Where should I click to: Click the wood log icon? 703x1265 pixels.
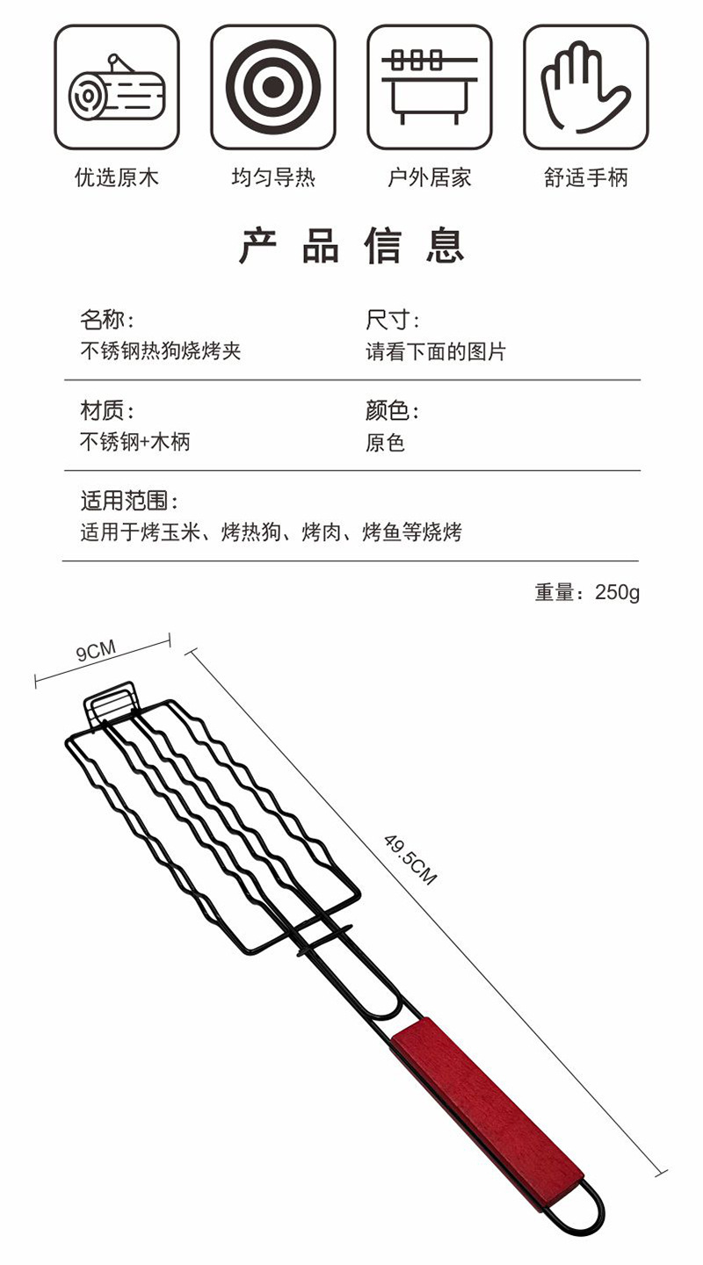tap(117, 87)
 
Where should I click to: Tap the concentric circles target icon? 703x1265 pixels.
tap(272, 87)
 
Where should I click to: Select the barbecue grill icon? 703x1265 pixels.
tap(429, 87)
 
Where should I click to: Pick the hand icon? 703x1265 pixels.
tap(585, 87)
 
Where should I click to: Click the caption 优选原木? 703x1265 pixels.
tap(117, 178)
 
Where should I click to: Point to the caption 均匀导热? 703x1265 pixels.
tap(272, 178)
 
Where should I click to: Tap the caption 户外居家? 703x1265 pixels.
tap(429, 178)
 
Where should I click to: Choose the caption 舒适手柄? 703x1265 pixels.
tap(585, 178)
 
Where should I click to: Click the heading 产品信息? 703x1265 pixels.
tap(351, 246)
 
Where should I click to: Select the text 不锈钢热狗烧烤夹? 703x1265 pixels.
tap(160, 351)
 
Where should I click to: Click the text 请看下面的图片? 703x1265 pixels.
tap(436, 351)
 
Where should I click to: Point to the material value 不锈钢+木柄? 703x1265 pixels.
tap(134, 442)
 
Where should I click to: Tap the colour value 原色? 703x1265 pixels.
tap(385, 442)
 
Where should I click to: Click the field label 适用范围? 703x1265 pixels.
tap(130, 501)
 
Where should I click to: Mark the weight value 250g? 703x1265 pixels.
tap(617, 592)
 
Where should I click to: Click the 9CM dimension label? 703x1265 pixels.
tap(96, 652)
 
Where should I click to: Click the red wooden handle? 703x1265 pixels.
tap(488, 1111)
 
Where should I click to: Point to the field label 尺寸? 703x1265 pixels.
tap(393, 320)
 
